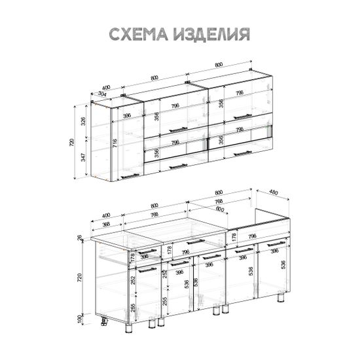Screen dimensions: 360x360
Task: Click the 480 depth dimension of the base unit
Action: [x=274, y=192]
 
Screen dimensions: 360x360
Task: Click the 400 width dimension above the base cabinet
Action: [x=105, y=217]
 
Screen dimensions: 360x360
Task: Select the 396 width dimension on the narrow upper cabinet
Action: [x=128, y=116]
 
